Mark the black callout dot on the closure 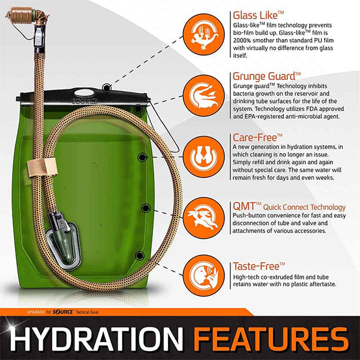click(107, 88)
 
